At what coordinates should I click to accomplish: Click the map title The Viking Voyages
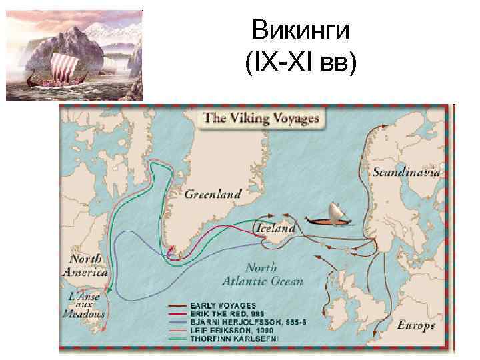[x=261, y=119]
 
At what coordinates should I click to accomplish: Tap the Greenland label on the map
[x=211, y=195]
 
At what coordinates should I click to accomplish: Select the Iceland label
[x=275, y=229]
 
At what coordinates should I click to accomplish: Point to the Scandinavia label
[x=405, y=171]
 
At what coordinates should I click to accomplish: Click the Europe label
[x=415, y=325]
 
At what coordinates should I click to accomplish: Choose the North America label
[x=85, y=265]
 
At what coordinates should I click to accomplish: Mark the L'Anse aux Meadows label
[x=83, y=303]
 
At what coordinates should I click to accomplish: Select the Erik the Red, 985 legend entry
[x=227, y=313]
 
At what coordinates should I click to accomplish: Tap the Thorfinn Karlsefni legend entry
[x=231, y=336]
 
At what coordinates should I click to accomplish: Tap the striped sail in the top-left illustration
[x=57, y=67]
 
